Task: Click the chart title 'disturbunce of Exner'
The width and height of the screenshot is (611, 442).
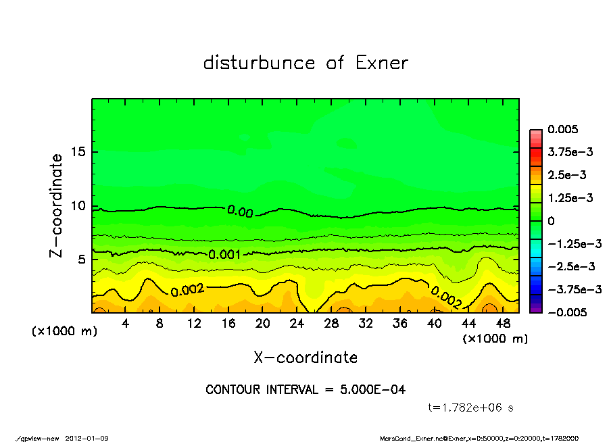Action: pyautogui.click(x=305, y=63)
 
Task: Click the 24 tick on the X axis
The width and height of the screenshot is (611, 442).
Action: pyautogui.click(x=297, y=324)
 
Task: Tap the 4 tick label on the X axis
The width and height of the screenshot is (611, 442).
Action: pyautogui.click(x=126, y=324)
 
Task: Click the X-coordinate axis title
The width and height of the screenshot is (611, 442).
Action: pyautogui.click(x=305, y=357)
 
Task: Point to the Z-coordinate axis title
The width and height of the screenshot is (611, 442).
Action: pyautogui.click(x=57, y=205)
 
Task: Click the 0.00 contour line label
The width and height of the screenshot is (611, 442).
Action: pyautogui.click(x=240, y=212)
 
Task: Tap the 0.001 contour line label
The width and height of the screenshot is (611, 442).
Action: pyautogui.click(x=225, y=255)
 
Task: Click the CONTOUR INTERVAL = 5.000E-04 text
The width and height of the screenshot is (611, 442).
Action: pyautogui.click(x=305, y=390)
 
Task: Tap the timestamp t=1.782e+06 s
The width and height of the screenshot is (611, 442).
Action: pyautogui.click(x=472, y=408)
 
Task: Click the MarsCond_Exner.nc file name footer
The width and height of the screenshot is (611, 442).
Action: pyautogui.click(x=411, y=438)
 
